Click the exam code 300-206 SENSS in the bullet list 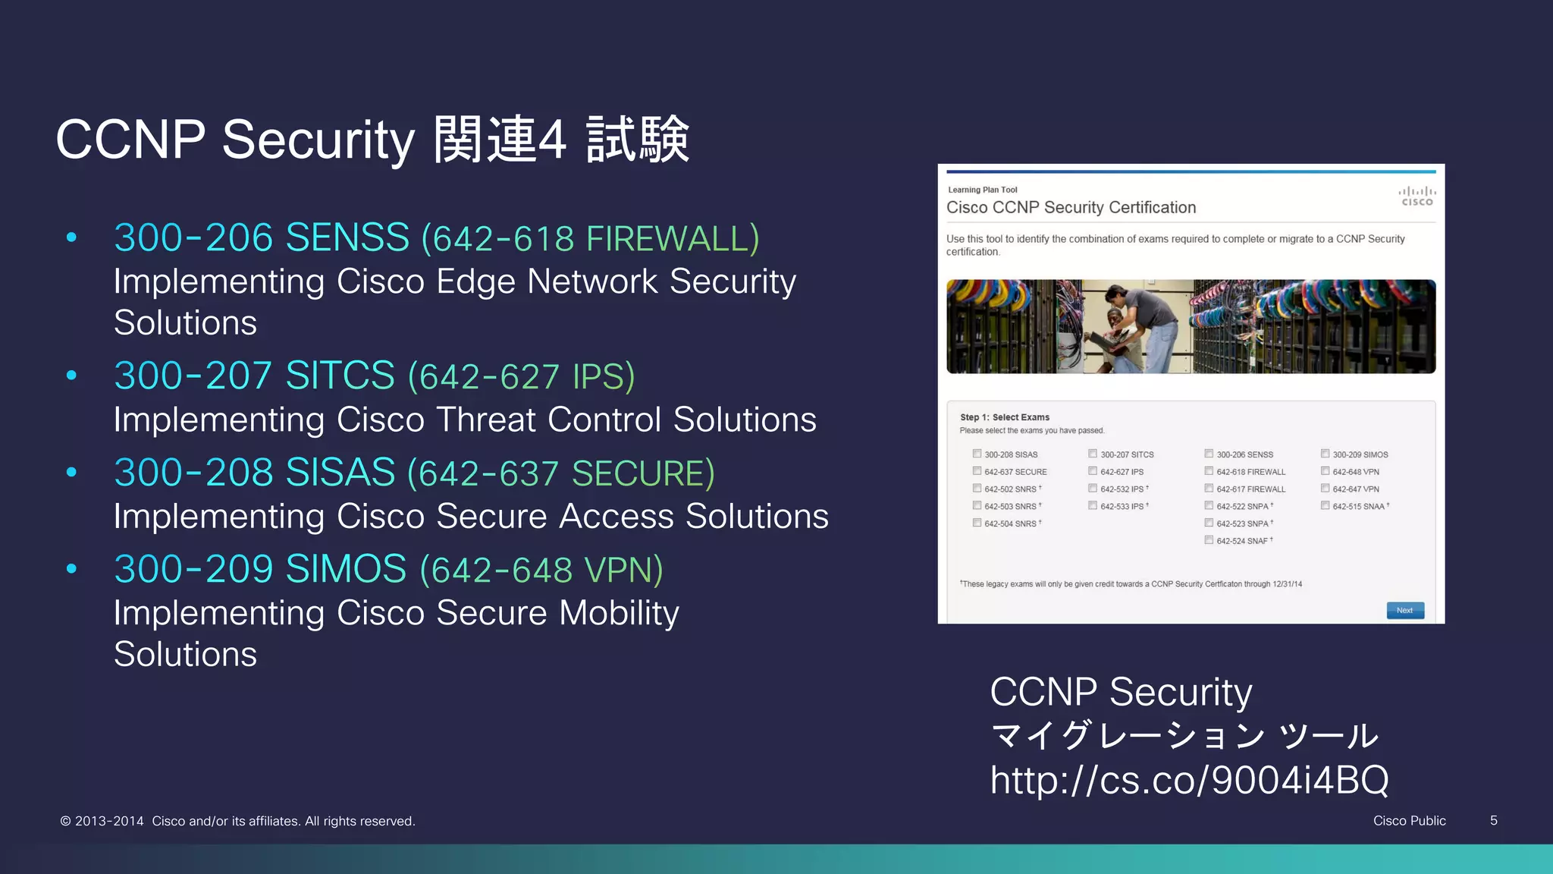click(x=262, y=237)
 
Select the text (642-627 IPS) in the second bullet click(x=521, y=377)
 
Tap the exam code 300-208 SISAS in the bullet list click(x=255, y=473)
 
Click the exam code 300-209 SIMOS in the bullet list click(x=260, y=569)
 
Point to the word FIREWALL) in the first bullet click(x=673, y=239)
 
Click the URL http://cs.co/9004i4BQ click(x=1189, y=780)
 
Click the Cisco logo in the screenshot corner click(x=1417, y=196)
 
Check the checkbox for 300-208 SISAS click(x=977, y=454)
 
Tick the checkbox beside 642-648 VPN click(x=1325, y=471)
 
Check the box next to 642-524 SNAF click(x=1209, y=540)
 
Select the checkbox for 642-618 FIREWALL click(x=1209, y=471)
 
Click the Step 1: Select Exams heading click(x=1004, y=417)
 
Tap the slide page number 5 click(x=1493, y=820)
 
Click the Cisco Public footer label click(x=1409, y=821)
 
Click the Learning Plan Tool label click(x=982, y=190)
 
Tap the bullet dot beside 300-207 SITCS click(x=71, y=375)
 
